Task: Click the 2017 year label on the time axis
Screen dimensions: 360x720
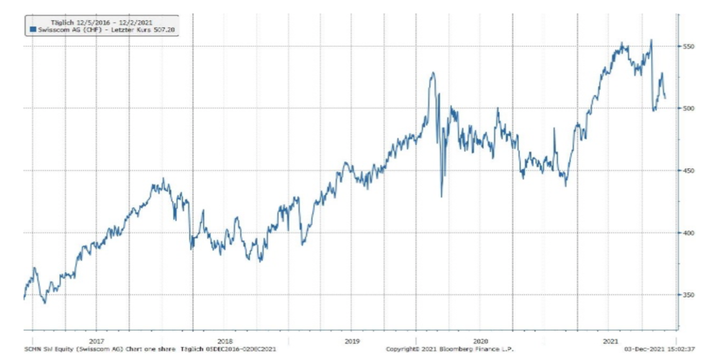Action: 96,341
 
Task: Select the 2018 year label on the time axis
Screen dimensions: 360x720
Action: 225,341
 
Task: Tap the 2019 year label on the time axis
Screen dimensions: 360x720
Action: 352,341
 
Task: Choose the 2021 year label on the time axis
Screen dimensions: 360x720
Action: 610,341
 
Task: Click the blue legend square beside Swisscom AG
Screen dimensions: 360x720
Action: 32,29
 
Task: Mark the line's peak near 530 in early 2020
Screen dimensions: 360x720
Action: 433,73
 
